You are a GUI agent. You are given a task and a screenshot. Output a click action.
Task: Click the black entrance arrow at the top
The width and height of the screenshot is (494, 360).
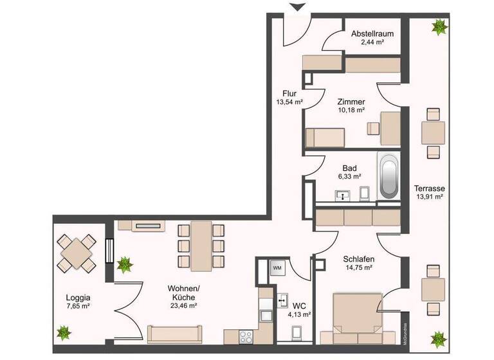(297, 7)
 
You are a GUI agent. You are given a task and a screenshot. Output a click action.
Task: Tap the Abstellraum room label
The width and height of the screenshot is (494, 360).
(372, 34)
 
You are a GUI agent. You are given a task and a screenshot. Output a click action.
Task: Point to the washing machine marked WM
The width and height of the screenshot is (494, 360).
(277, 267)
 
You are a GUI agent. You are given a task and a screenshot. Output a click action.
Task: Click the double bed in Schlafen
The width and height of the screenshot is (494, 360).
(357, 319)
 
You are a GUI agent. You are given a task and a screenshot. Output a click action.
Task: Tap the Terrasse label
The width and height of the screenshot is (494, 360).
(430, 188)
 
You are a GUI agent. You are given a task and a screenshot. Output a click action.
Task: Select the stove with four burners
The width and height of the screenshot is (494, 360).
(246, 336)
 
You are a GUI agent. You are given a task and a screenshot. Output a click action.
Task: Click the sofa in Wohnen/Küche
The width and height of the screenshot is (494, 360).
(175, 334)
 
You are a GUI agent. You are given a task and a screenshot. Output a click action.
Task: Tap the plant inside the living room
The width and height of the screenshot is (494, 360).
(124, 263)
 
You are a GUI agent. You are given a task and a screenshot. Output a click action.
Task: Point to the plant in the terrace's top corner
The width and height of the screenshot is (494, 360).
(439, 27)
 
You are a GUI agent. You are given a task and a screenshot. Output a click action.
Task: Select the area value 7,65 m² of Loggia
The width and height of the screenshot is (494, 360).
(77, 307)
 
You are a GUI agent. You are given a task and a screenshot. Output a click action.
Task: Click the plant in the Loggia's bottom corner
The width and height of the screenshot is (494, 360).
(64, 332)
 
